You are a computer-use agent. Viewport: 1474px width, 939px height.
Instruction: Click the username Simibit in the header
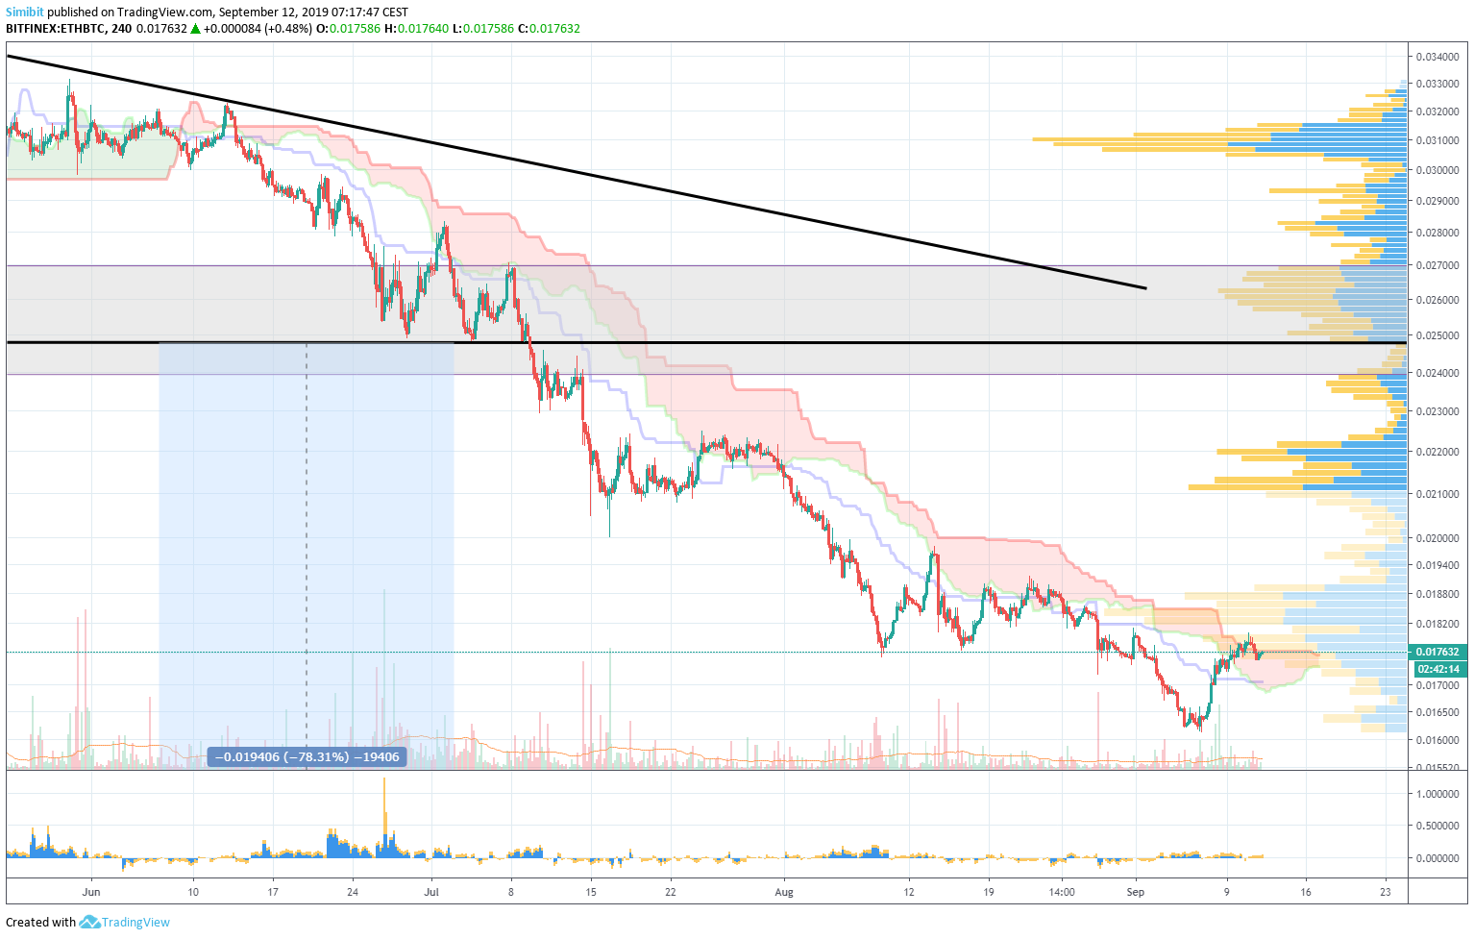[25, 12]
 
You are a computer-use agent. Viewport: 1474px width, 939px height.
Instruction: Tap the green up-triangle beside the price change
[195, 29]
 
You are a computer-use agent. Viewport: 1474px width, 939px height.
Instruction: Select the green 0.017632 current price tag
[1437, 652]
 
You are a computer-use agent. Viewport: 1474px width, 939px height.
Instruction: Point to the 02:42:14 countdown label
[1437, 669]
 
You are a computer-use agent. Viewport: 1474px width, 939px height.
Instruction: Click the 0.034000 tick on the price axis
[1437, 56]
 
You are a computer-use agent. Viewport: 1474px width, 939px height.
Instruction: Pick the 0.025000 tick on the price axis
[1437, 335]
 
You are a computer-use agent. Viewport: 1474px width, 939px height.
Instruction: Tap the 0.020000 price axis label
[1437, 538]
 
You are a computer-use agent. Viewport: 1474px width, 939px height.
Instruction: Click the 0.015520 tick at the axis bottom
[1437, 768]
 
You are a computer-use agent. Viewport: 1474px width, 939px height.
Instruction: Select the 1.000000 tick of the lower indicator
[1437, 794]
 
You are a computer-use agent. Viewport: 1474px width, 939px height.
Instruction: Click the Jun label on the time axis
[91, 892]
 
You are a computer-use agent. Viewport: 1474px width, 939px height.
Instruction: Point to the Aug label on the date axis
[784, 892]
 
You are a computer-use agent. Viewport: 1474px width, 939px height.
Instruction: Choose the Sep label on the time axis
[1136, 892]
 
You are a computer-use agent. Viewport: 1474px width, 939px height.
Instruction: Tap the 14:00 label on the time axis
[1061, 892]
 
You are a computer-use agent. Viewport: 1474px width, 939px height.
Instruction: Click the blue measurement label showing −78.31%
[307, 757]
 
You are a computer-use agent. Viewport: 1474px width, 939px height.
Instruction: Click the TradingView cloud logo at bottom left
[90, 923]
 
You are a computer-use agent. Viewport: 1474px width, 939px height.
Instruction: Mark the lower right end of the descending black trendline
[1144, 287]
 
